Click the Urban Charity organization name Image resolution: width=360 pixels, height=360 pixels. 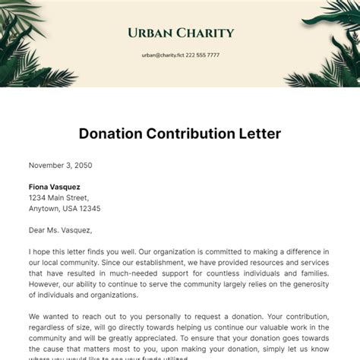[x=180, y=33]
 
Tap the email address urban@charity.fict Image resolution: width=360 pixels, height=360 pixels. [x=162, y=55]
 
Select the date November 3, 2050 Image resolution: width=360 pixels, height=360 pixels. [x=60, y=165]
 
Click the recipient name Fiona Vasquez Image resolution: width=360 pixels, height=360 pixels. [x=55, y=187]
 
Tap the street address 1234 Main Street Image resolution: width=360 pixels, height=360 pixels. [x=63, y=197]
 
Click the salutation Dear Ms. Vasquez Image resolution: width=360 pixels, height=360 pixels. [x=60, y=230]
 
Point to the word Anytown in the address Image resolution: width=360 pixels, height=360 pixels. [x=44, y=208]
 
